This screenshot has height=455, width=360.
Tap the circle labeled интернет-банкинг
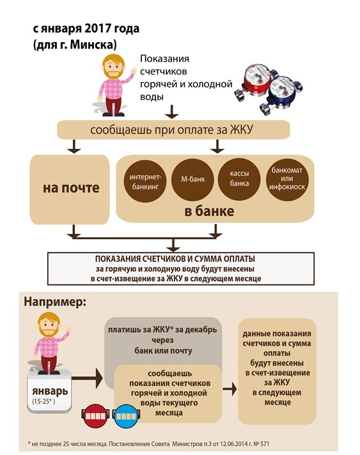click(145, 181)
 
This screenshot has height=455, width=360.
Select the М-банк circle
click(192, 180)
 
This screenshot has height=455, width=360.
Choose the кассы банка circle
click(239, 179)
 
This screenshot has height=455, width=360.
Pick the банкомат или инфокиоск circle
click(287, 179)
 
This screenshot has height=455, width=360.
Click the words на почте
click(71, 188)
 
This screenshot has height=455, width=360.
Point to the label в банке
click(209, 212)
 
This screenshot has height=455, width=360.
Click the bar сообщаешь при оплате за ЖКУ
click(173, 130)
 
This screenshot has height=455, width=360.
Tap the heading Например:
click(55, 302)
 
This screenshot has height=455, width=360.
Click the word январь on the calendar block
click(50, 391)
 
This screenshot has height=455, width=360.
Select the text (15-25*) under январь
click(43, 402)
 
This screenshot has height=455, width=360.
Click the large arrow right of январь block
click(87, 378)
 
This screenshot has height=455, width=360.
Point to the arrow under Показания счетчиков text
click(172, 112)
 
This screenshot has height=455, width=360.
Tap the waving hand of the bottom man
click(69, 329)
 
